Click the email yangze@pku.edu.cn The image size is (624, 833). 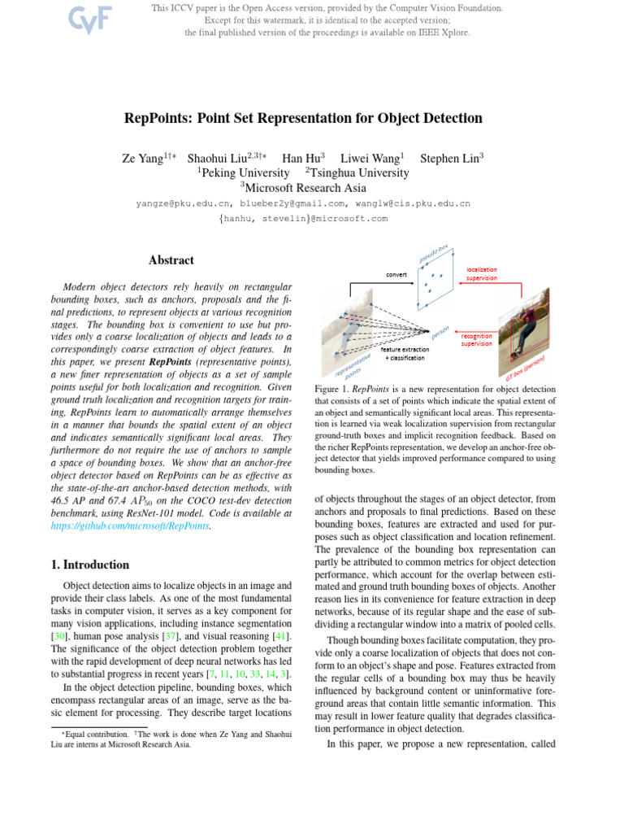(181, 203)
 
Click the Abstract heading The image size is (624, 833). (171, 260)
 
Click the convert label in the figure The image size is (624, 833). (396, 275)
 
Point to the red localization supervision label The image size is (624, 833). (481, 273)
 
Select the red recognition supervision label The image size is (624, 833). (477, 339)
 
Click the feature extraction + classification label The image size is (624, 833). (410, 354)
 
